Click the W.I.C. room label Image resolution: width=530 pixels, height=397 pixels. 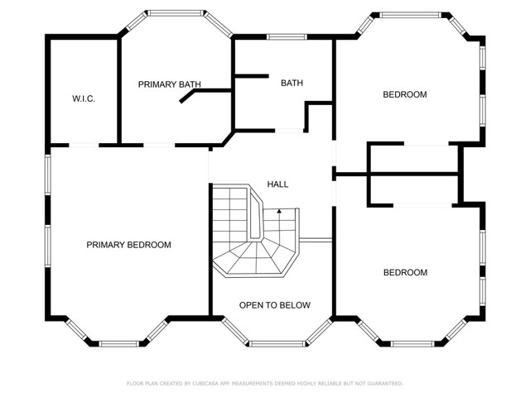pyautogui.click(x=84, y=99)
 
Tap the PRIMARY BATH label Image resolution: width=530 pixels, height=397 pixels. pyautogui.click(x=170, y=84)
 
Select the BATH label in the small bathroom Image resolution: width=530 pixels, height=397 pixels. pyautogui.click(x=291, y=83)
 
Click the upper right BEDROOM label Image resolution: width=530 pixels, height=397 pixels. pyautogui.click(x=404, y=94)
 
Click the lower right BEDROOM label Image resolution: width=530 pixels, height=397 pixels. pyautogui.click(x=404, y=272)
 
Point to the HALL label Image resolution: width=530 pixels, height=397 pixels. pyautogui.click(x=277, y=184)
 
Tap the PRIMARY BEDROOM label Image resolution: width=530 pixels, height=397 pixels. pyautogui.click(x=128, y=245)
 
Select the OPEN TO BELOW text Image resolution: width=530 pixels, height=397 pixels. pyautogui.click(x=275, y=305)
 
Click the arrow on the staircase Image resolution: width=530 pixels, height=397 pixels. pyautogui.click(x=280, y=212)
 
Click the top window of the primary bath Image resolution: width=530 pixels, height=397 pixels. pyautogui.click(x=176, y=12)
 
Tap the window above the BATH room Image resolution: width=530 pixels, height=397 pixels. pyautogui.click(x=286, y=36)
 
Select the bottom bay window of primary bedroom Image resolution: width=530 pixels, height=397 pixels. pyautogui.click(x=116, y=342)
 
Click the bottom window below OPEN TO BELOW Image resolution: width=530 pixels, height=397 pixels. pyautogui.click(x=275, y=342)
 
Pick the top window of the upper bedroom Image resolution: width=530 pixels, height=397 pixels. pyautogui.click(x=410, y=14)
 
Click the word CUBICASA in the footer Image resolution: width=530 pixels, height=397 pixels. pyautogui.click(x=212, y=383)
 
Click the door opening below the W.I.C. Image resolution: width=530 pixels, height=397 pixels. pyautogui.click(x=83, y=146)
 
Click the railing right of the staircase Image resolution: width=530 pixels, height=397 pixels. pyautogui.click(x=317, y=240)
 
